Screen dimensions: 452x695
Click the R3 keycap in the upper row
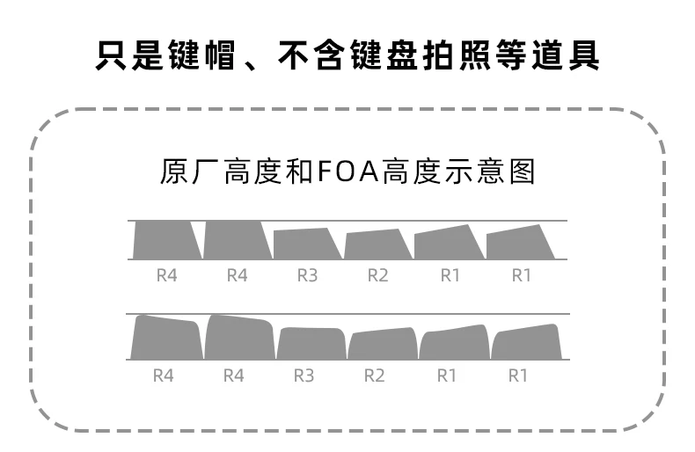tap(306, 244)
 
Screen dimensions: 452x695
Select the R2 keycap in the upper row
tap(377, 244)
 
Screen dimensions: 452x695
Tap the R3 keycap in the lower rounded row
tap(311, 343)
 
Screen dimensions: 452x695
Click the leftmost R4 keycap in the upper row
tap(165, 239)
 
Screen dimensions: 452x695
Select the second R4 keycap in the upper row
tap(236, 239)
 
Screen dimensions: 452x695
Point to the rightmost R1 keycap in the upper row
tap(521, 243)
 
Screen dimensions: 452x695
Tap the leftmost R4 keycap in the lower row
tap(166, 339)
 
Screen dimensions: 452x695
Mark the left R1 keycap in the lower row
tap(454, 343)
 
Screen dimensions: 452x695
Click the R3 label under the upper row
tap(306, 275)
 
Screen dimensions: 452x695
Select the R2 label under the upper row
tap(377, 275)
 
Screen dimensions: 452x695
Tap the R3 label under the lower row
tap(304, 375)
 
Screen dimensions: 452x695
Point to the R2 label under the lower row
tap(375, 375)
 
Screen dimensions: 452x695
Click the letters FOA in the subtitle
tap(346, 171)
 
